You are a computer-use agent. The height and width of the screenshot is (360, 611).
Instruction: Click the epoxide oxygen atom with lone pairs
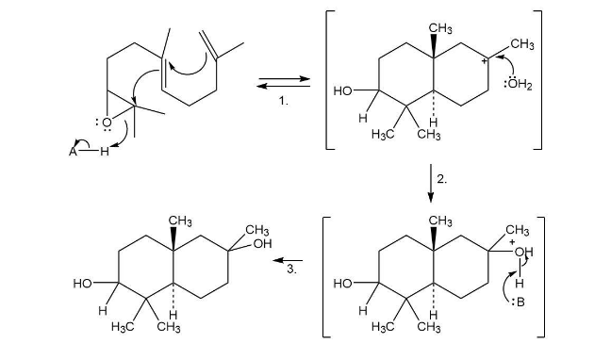(107, 123)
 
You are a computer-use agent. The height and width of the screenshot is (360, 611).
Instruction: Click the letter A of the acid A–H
(73, 152)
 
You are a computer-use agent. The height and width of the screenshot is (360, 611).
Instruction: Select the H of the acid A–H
(104, 151)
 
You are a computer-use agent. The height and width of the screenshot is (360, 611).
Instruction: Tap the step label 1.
(283, 101)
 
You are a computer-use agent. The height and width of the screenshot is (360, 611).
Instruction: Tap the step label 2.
(441, 179)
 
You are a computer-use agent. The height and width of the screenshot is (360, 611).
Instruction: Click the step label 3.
(291, 269)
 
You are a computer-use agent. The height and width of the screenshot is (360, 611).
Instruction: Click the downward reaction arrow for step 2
(431, 183)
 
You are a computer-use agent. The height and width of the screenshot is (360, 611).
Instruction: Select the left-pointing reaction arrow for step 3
(288, 260)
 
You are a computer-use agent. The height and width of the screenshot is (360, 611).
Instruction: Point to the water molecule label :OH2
(518, 84)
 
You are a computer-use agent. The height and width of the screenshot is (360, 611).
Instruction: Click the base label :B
(519, 302)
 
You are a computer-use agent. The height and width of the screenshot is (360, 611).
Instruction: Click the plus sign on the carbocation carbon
(484, 61)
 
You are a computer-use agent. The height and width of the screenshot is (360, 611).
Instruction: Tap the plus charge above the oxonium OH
(512, 242)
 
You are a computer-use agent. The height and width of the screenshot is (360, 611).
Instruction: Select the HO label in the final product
(82, 284)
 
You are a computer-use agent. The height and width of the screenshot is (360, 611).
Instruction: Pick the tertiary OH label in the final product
(262, 244)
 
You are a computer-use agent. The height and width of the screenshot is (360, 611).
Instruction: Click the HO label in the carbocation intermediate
(342, 91)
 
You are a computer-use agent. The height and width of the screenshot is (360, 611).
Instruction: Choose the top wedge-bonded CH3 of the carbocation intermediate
(440, 28)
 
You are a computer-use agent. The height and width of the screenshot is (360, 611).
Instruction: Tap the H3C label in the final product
(123, 326)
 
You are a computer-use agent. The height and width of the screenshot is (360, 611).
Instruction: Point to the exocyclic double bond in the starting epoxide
(208, 45)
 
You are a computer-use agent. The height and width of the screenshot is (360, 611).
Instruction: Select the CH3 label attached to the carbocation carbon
(521, 44)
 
